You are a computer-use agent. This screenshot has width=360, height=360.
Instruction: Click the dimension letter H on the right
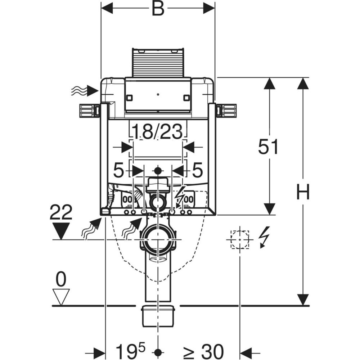click(303, 192)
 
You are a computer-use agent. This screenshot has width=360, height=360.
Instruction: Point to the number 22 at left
click(61, 212)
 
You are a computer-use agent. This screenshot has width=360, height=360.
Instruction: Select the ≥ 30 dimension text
click(203, 351)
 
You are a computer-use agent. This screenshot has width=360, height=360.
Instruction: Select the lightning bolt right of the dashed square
click(264, 237)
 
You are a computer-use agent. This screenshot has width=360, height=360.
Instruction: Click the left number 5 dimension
click(118, 170)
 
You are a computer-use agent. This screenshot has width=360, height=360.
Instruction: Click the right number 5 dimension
click(197, 170)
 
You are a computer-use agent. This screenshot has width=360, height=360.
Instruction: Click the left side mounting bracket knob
click(87, 110)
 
